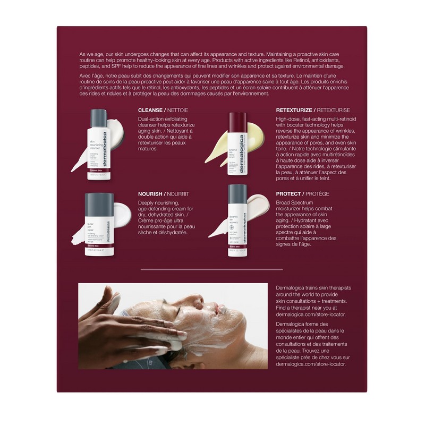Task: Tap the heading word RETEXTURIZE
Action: pos(294,110)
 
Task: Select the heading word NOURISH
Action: pos(150,194)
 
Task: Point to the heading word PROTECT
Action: pos(288,194)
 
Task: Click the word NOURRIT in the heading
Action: pos(177,194)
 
